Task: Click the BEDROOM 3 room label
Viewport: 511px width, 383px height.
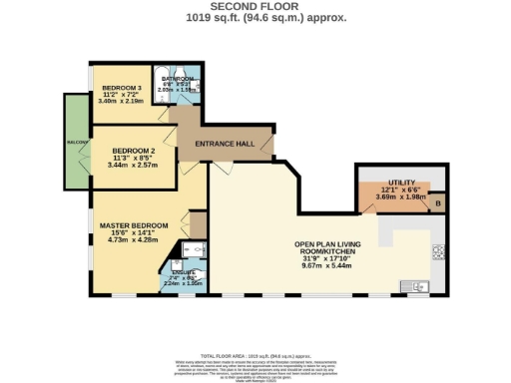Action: pyautogui.click(x=121, y=88)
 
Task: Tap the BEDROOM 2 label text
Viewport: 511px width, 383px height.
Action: pyautogui.click(x=134, y=151)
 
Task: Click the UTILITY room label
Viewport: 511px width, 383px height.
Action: pyautogui.click(x=398, y=182)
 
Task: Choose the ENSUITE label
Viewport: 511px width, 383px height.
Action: pyautogui.click(x=183, y=271)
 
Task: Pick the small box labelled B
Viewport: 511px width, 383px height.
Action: pyautogui.click(x=438, y=204)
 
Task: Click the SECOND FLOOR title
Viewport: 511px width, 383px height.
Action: pyautogui.click(x=255, y=7)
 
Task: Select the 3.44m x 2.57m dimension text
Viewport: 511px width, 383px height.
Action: pyautogui.click(x=134, y=165)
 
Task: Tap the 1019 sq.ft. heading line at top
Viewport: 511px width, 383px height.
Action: pyautogui.click(x=255, y=17)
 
